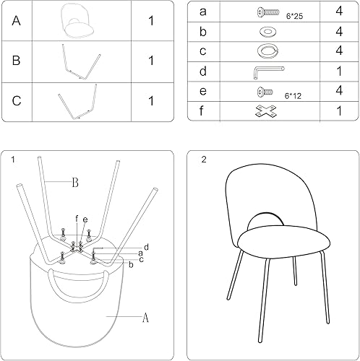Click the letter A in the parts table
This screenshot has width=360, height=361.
point(16,21)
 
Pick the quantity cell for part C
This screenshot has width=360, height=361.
point(150,101)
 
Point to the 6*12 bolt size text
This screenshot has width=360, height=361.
point(293,95)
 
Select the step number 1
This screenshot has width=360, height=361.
point(13,160)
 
